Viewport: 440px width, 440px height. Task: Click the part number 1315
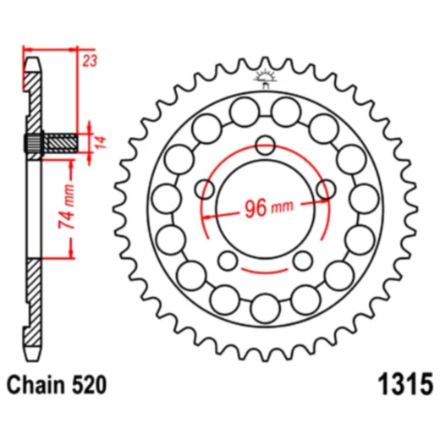[405, 384]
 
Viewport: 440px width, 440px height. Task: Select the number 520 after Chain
[90, 385]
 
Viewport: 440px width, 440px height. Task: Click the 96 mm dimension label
[269, 208]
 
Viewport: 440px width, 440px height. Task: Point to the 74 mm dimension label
[67, 206]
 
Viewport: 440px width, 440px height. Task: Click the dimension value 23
[90, 60]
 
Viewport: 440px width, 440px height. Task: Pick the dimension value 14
[101, 142]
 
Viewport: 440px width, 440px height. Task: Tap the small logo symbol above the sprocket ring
[266, 78]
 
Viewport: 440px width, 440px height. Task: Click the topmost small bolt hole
[265, 146]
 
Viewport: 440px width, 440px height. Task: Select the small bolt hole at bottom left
[228, 261]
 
